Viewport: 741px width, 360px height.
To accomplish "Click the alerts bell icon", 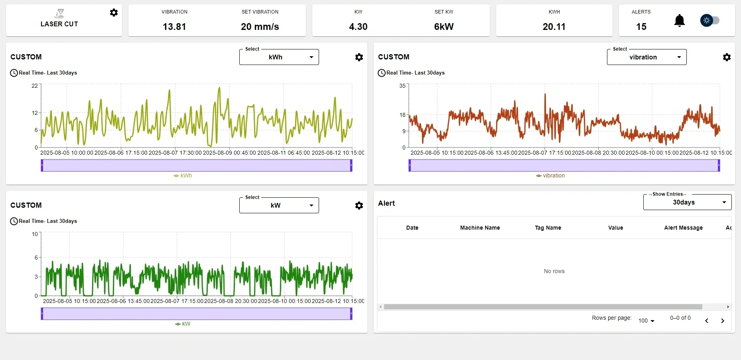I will (x=679, y=20).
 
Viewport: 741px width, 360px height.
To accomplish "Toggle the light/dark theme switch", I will (x=710, y=20).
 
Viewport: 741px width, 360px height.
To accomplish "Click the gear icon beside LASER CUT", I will (x=114, y=13).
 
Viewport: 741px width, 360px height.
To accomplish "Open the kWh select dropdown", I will (x=279, y=57).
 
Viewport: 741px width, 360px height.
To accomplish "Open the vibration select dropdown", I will (x=646, y=57).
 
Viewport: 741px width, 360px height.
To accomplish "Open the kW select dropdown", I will (x=279, y=205).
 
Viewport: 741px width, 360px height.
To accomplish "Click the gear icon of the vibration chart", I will (x=727, y=57).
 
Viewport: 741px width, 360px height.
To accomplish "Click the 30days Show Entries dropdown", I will (x=687, y=203).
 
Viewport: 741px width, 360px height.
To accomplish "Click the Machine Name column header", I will (x=480, y=228).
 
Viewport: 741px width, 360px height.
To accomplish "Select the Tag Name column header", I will (x=548, y=228).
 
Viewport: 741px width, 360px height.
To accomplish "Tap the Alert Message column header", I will (x=683, y=228).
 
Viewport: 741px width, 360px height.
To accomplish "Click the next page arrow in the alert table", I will (x=723, y=321).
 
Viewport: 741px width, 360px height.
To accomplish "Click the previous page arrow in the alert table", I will (x=707, y=321).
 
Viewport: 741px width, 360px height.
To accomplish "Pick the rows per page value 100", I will (x=646, y=321).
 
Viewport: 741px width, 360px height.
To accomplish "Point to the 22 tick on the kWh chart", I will (x=35, y=86).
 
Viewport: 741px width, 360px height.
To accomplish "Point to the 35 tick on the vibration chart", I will (x=402, y=86).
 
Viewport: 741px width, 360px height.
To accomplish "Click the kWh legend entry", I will (x=183, y=175).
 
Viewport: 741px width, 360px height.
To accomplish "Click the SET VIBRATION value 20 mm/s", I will (x=260, y=27).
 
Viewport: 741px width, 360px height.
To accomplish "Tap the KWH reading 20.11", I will (x=554, y=27).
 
